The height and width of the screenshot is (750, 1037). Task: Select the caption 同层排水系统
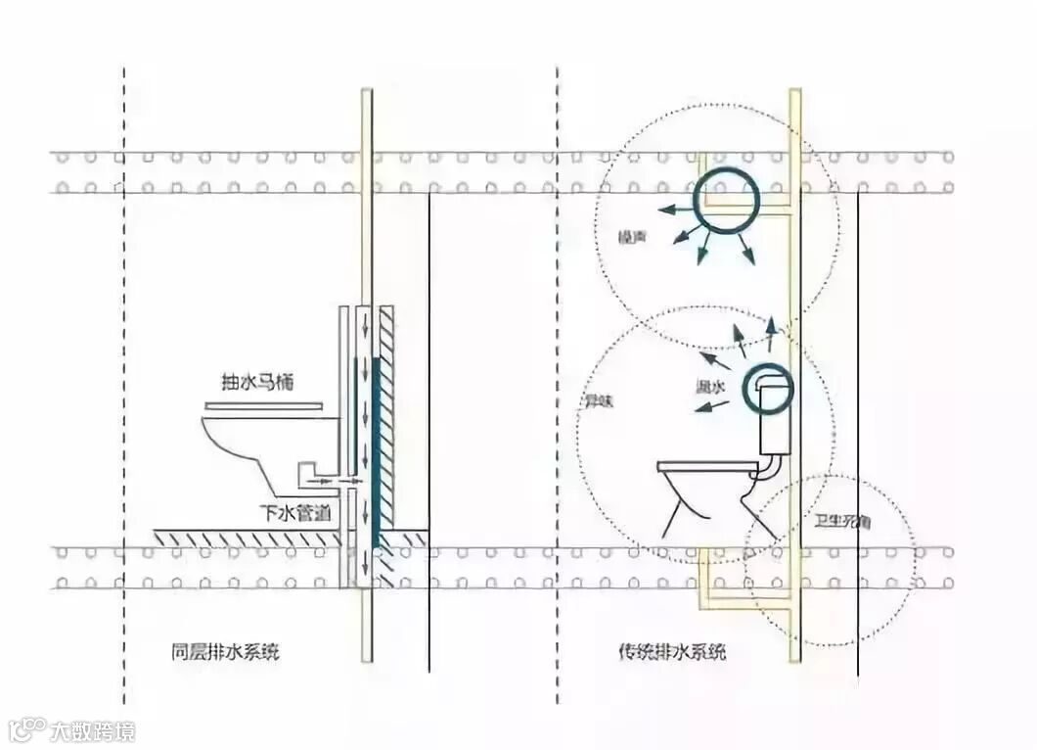pos(224,651)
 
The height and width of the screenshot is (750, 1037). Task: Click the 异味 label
pos(599,400)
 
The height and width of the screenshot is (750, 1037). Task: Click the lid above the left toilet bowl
pos(263,405)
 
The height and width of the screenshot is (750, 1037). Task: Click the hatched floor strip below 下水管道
pos(245,538)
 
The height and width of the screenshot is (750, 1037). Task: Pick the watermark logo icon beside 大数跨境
pos(27,729)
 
